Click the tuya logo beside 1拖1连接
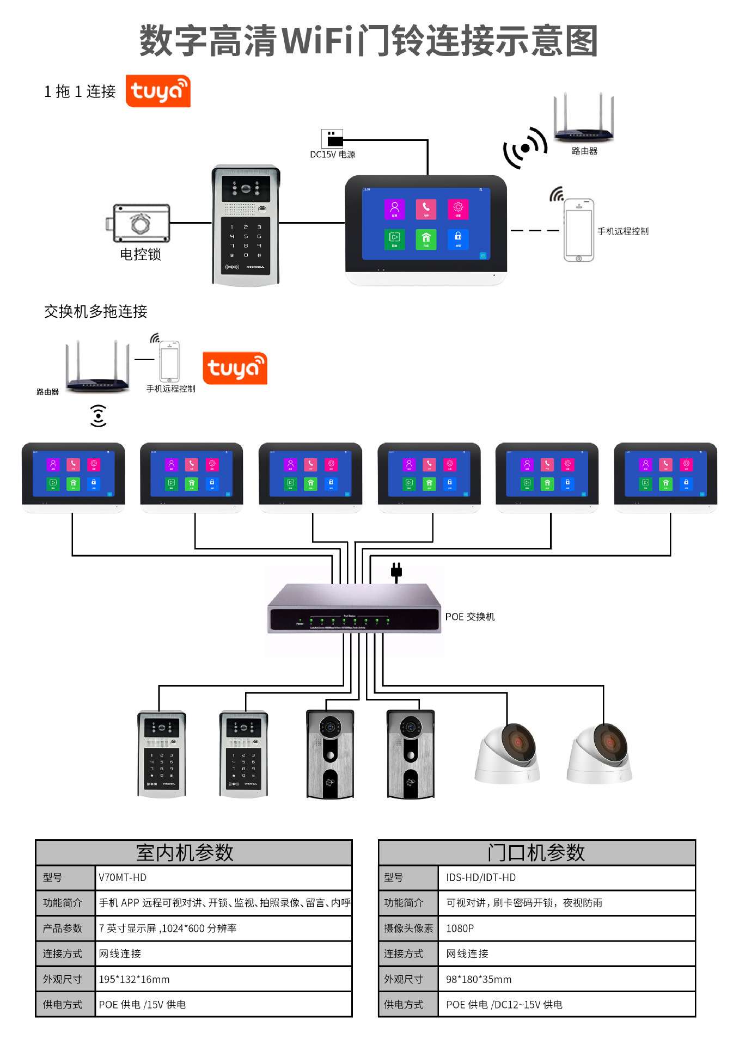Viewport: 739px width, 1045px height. pos(158,91)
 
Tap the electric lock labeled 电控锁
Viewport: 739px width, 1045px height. pos(139,223)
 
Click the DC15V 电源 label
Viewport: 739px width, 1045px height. pos(332,155)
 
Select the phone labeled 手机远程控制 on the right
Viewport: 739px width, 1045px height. pos(578,230)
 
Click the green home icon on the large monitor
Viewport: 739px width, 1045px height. pos(426,238)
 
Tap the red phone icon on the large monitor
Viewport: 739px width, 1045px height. pos(426,208)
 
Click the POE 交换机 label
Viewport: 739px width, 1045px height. pos(469,617)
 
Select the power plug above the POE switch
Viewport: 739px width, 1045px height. pos(396,571)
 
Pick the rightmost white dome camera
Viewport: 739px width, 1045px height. pos(600,754)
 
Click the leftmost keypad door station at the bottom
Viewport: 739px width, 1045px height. pos(162,754)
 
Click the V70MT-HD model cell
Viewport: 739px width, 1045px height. pos(123,877)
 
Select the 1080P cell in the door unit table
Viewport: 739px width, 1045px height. pos(460,928)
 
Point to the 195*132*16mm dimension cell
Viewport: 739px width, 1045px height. pos(134,979)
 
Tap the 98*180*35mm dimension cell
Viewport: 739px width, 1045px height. pos(479,979)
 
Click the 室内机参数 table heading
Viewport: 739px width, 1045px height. pos(185,852)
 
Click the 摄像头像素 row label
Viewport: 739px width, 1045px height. pos(408,928)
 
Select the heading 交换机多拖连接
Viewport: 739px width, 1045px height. pos(96,311)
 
